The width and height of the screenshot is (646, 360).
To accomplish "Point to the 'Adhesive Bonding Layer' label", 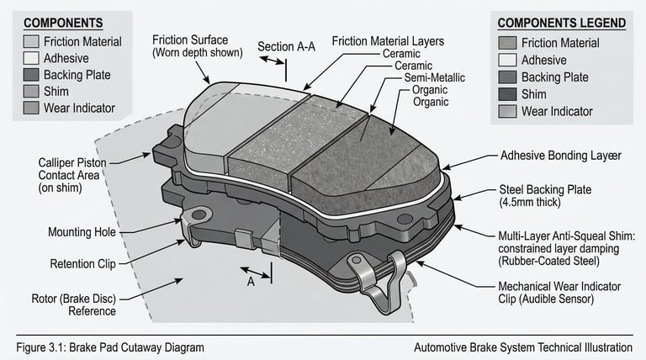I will coord(561,156).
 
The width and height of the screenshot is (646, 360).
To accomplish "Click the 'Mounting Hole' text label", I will coord(82,232).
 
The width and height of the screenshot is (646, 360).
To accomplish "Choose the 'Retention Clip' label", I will coord(82,264).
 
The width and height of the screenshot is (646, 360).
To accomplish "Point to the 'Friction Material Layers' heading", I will coord(388,40).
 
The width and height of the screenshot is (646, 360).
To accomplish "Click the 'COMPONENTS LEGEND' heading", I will coord(562,24).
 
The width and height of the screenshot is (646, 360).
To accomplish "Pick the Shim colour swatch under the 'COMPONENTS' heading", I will coord(31,91).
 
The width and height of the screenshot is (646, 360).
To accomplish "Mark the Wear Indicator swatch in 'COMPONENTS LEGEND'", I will coord(507,111).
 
